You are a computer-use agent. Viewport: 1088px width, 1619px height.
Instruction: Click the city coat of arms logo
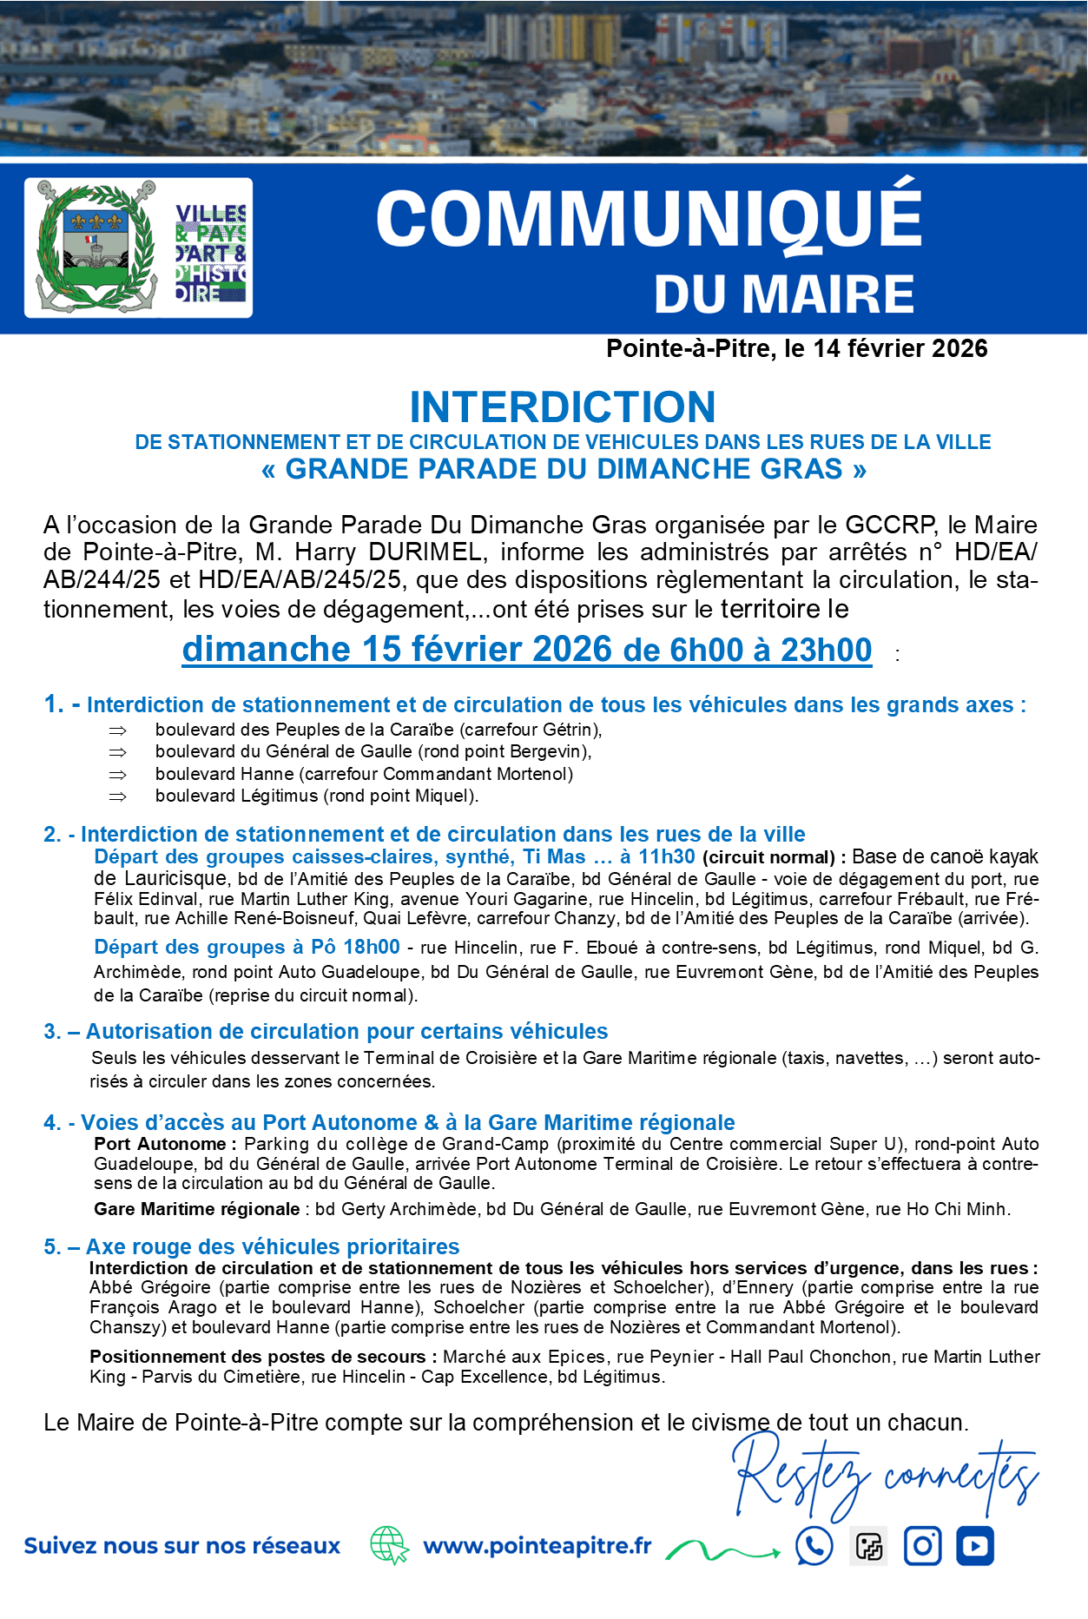click(x=96, y=247)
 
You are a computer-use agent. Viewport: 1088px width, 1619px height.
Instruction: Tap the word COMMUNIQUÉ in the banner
click(x=649, y=219)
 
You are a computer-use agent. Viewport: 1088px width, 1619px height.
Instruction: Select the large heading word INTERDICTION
click(x=563, y=406)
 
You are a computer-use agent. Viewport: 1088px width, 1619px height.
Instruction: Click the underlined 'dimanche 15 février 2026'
click(x=397, y=650)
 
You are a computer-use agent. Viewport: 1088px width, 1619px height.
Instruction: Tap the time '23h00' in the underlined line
click(x=826, y=650)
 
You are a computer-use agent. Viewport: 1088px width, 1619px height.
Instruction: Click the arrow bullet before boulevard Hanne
click(x=117, y=774)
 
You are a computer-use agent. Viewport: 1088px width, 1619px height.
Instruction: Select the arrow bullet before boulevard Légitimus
click(x=117, y=796)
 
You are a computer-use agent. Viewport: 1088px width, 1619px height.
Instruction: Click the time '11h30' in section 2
click(x=666, y=856)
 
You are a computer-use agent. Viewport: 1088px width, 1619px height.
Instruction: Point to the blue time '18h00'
click(x=372, y=947)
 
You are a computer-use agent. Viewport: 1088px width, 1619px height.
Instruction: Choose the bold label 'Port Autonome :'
click(x=160, y=1144)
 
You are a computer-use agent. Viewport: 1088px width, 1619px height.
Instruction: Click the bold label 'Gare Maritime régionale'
click(x=196, y=1209)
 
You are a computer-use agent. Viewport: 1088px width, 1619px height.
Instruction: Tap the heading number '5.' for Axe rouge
click(x=52, y=1247)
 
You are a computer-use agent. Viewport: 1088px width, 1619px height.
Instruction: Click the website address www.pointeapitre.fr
click(x=537, y=1546)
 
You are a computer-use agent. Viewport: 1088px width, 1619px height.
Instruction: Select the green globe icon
click(x=389, y=1546)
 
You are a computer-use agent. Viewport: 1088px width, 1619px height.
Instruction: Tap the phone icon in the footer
click(x=814, y=1546)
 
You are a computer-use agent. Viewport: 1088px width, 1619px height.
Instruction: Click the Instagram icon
click(x=922, y=1546)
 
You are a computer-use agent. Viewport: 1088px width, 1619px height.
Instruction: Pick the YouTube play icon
click(x=975, y=1546)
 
